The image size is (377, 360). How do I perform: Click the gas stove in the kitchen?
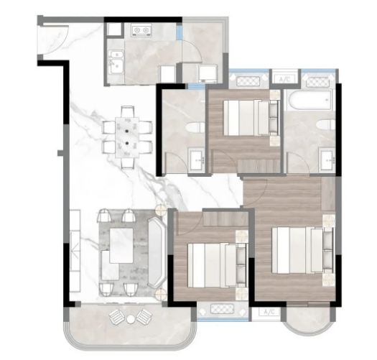(141, 30)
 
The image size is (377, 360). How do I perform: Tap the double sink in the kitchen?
(116, 62)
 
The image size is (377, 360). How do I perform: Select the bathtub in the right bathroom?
(309, 100)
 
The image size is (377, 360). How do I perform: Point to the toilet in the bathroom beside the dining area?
(195, 127)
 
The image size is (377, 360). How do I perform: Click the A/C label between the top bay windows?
(285, 79)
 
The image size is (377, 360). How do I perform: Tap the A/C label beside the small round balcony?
(269, 312)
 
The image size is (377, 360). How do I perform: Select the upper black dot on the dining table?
(126, 131)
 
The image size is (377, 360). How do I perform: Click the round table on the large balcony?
(131, 319)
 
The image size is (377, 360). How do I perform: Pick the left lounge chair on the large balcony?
(117, 317)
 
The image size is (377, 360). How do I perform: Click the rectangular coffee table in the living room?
(121, 246)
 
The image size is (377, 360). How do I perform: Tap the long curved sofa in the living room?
(157, 253)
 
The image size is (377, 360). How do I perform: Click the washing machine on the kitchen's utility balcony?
(208, 73)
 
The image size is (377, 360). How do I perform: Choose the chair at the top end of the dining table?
(127, 111)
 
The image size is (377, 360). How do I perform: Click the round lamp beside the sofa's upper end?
(160, 211)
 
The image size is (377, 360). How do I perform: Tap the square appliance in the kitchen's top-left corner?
(114, 29)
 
